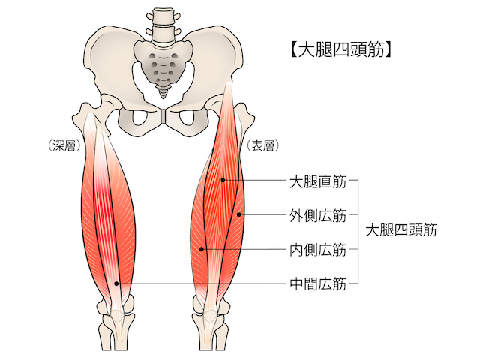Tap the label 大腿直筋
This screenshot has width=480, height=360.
click(317, 181)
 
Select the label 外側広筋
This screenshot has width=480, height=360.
click(317, 216)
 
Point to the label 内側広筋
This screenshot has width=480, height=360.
click(317, 250)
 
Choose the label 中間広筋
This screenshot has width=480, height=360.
click(317, 283)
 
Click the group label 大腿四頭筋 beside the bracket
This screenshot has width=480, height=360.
click(400, 232)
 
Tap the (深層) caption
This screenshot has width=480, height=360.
click(63, 147)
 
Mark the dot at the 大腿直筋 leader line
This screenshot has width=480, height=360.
click(223, 181)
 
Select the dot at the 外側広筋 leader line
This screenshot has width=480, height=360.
click(239, 215)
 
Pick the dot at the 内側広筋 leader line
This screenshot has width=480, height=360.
click(202, 249)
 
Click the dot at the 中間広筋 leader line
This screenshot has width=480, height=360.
click(116, 283)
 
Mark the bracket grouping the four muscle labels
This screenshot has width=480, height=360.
click(358, 232)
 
